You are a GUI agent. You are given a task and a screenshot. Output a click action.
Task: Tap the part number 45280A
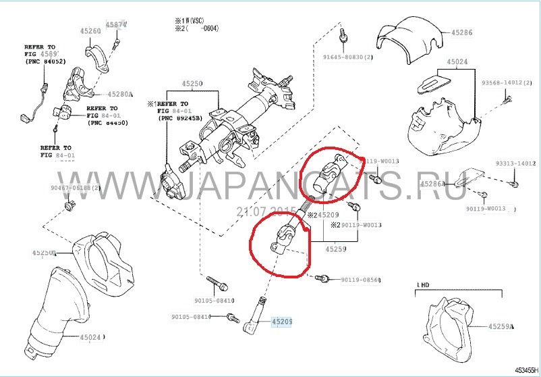click(121, 94)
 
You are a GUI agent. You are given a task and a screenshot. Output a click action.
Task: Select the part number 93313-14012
click(515, 164)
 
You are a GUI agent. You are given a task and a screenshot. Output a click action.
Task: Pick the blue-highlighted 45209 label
click(281, 323)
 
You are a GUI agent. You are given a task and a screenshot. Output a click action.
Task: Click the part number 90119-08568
click(360, 280)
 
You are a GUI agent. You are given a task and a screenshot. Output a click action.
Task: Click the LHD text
click(423, 286)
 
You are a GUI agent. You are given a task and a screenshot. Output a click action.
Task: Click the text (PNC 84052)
click(45, 62)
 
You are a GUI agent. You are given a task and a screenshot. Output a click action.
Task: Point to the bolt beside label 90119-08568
click(325, 277)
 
